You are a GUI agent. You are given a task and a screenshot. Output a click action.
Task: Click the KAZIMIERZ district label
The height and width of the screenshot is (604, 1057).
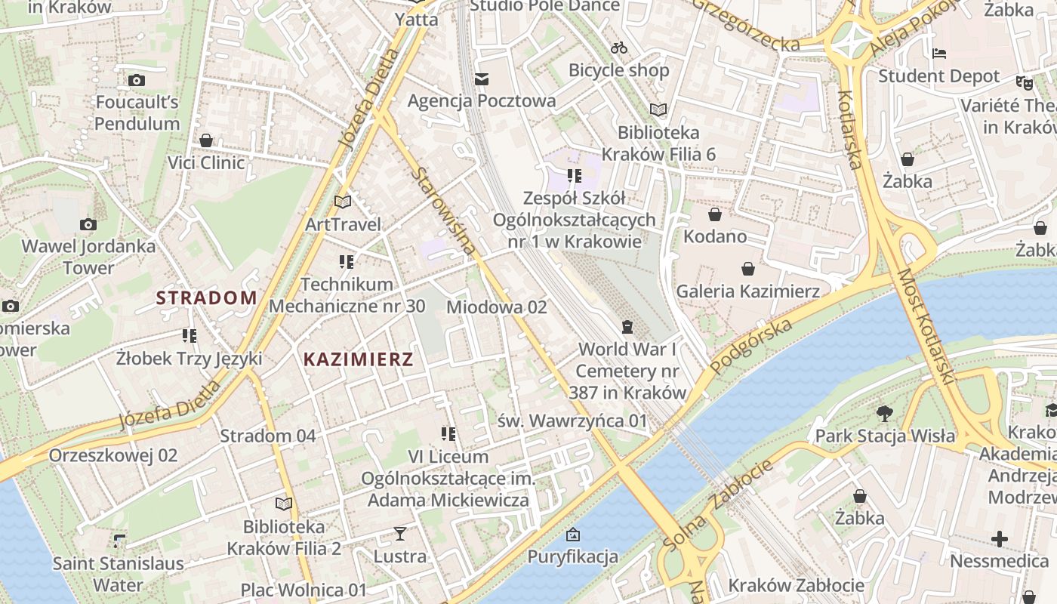coord(358,359)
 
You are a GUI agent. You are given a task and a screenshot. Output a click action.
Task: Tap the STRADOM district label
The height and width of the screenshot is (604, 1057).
coord(206,297)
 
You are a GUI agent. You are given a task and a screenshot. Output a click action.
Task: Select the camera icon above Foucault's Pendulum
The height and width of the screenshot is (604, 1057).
coord(137,80)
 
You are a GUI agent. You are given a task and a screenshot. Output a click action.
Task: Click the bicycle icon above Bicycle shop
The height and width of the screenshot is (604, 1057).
coord(619,48)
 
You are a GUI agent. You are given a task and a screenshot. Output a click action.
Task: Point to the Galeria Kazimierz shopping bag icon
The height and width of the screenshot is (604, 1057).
coord(747,269)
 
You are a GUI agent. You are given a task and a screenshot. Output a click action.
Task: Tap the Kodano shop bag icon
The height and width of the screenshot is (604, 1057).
coord(715,214)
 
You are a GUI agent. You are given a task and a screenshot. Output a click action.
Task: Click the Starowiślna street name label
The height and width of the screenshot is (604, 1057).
coord(444,211)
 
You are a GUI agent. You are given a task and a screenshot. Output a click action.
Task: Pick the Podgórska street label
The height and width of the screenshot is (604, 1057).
coord(751,346)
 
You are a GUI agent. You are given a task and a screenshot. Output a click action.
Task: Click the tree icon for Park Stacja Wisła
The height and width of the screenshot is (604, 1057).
coord(885,413)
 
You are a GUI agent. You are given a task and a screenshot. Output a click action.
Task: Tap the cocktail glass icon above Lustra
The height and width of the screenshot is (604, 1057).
coord(399,535)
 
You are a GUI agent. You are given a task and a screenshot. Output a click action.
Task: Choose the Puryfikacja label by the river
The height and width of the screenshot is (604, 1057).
coord(572,557)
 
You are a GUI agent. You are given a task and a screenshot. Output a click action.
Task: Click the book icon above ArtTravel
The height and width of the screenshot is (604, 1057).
coord(343,202)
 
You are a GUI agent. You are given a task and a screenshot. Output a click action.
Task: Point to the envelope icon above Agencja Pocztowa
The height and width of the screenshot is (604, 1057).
coord(482,79)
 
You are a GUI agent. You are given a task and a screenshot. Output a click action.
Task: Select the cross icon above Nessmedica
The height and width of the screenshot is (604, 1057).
coord(999,539)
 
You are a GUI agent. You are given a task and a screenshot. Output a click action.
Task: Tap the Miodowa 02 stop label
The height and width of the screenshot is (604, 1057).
coord(496,307)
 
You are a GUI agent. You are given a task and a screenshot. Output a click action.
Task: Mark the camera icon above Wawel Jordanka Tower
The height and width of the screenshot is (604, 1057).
coord(88,224)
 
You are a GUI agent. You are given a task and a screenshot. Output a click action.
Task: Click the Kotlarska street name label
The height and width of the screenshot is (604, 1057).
coord(850,130)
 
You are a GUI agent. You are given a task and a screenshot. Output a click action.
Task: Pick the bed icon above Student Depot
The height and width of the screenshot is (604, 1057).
coord(939,54)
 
